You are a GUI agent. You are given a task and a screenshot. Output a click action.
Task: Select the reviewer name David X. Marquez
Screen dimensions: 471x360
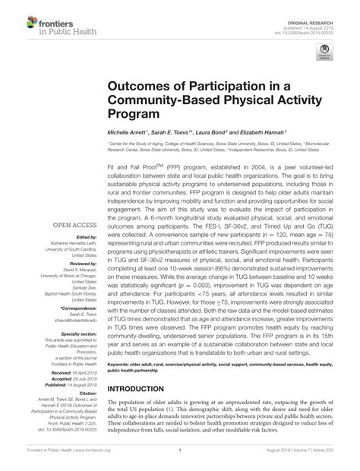[76, 270]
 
